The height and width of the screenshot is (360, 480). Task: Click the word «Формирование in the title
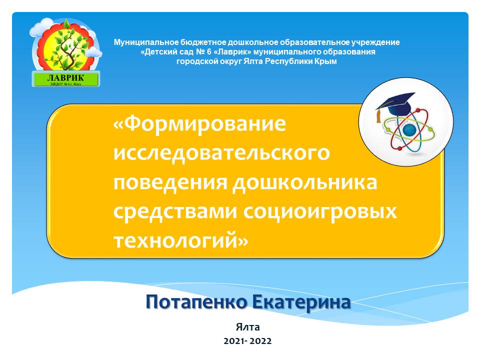[x=199, y=124]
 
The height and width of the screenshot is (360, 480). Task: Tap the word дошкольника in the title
[x=304, y=182]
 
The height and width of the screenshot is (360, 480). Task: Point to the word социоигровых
[x=320, y=211]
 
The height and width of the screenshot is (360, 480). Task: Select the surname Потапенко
[x=196, y=302]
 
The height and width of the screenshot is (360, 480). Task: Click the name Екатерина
[x=301, y=302]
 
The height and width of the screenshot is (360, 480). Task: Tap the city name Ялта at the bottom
[x=247, y=327]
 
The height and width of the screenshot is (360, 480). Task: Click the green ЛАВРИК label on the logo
[x=66, y=79]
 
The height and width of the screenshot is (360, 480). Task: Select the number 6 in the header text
[x=209, y=51]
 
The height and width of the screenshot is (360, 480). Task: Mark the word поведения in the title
[x=170, y=182]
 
